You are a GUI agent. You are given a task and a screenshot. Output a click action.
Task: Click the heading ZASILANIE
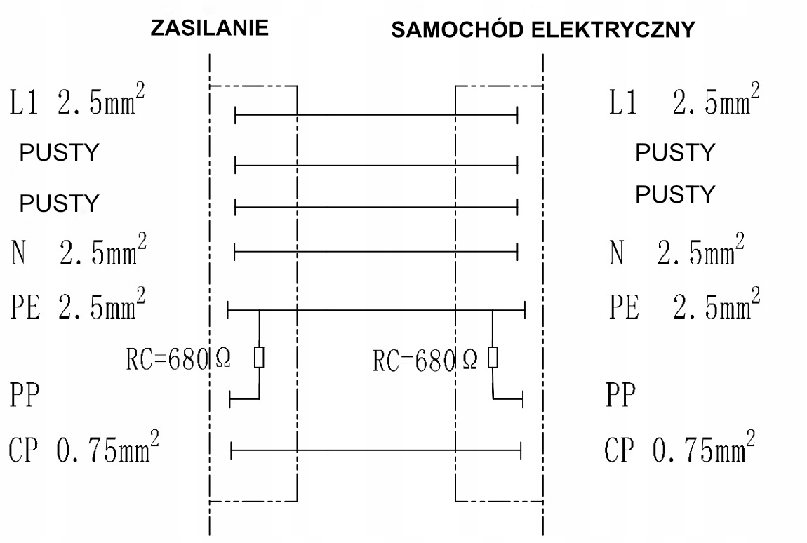210,29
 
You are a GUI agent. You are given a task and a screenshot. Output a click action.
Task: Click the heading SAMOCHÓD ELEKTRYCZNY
542,31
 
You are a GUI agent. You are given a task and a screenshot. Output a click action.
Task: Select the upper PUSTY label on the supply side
59,153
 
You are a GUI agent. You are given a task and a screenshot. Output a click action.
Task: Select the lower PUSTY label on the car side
674,194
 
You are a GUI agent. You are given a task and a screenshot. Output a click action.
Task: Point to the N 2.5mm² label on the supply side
79,252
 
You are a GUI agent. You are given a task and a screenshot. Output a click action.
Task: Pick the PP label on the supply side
24,396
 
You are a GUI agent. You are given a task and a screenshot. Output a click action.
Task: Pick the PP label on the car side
620,396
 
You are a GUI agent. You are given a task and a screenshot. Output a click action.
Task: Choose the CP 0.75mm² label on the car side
680,448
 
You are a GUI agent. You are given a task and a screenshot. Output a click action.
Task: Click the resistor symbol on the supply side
260,357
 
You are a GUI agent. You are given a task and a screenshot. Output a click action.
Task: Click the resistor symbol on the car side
493,357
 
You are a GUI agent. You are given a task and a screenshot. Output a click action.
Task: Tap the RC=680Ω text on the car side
425,361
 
